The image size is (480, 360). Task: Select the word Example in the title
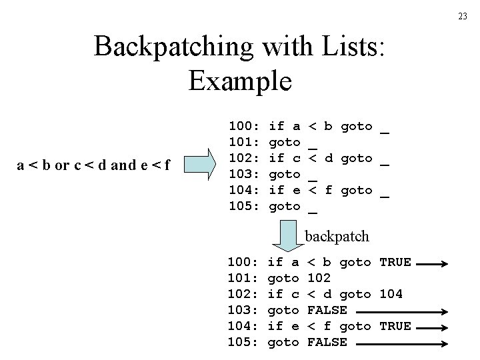coord(240,81)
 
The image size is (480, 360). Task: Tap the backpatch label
coord(337,236)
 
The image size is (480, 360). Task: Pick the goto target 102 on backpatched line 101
coord(320,278)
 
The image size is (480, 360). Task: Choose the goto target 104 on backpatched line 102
coord(391,294)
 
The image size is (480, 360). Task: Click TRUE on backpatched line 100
coord(395,262)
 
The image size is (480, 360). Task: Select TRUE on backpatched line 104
coord(395,326)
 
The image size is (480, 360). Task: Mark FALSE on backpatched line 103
coord(327,310)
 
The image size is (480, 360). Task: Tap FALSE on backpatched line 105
coord(327,342)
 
